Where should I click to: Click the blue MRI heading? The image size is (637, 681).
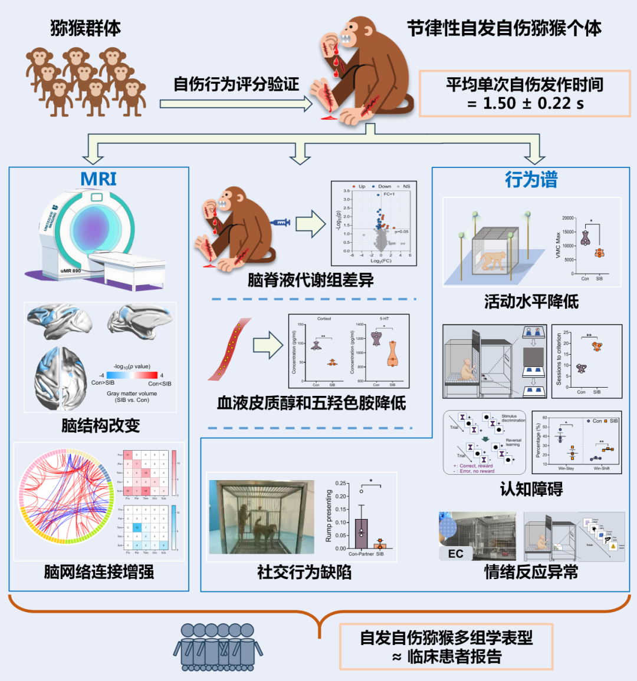point(98,179)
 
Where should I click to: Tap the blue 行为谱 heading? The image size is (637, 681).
point(531,180)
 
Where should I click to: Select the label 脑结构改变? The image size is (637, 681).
point(100,425)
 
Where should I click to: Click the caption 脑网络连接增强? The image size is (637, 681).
point(99,571)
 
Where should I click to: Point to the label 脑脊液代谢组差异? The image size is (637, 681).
point(310,280)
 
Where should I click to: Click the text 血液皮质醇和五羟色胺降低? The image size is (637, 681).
point(311,403)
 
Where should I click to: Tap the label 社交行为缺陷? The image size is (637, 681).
point(304,571)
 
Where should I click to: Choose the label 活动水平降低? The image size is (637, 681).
point(531,302)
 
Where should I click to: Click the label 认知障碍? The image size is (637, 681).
point(531,489)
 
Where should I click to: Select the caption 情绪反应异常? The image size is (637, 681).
point(531,571)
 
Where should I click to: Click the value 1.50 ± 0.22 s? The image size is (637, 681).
point(525,104)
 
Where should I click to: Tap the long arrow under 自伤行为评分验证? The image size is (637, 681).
point(236,104)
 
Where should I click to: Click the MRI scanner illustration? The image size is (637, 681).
point(94,242)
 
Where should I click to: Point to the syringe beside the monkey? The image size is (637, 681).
point(280,223)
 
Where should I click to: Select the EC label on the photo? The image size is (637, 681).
point(455,554)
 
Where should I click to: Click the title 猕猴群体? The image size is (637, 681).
point(86,28)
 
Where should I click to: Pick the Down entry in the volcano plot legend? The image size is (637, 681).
point(384,186)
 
